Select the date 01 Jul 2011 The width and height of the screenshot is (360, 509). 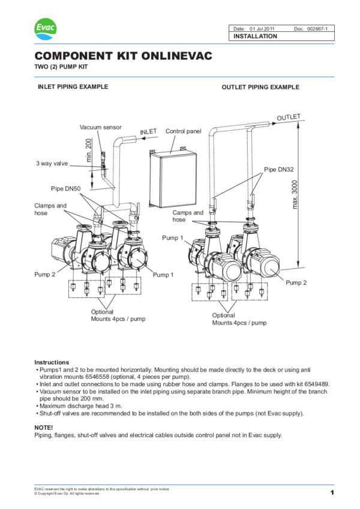(x=262, y=29)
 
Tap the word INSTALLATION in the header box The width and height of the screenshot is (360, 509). (x=256, y=36)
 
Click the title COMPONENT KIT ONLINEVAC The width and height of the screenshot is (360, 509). (x=123, y=56)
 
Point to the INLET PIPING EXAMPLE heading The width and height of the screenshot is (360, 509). (x=73, y=86)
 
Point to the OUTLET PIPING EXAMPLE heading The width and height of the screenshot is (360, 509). (x=260, y=87)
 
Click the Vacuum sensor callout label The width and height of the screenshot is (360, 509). (x=100, y=128)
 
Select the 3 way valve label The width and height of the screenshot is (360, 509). (x=52, y=163)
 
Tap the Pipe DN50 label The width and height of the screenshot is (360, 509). (x=65, y=189)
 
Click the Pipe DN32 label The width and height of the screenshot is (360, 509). (x=278, y=170)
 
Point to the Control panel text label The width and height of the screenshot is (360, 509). (x=183, y=131)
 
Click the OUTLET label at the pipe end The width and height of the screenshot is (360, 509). (x=288, y=117)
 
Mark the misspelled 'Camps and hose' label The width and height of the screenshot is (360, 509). (x=188, y=216)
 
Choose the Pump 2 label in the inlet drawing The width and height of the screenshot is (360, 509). (x=45, y=274)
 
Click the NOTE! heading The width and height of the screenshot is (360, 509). (x=44, y=427)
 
